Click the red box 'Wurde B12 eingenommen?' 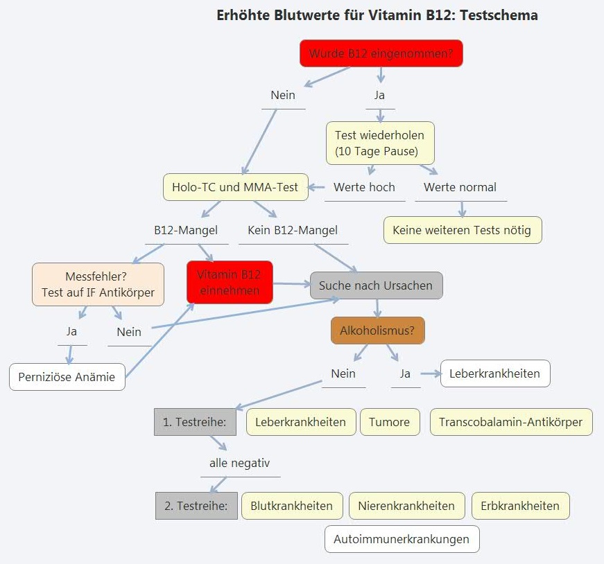[381, 53]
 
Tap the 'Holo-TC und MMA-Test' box [236, 187]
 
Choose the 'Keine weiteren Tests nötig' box [463, 230]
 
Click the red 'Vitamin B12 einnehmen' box [230, 282]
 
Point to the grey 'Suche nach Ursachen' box [375, 285]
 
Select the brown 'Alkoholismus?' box [377, 331]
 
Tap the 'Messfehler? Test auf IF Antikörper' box [98, 284]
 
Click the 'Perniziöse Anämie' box [67, 378]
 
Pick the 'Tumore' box [389, 422]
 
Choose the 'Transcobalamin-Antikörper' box [511, 422]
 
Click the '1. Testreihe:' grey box [195, 422]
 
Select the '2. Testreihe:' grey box [196, 506]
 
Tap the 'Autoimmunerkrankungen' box [402, 539]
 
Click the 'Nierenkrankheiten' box [406, 506]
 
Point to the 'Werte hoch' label [364, 187]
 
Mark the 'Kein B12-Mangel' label [293, 230]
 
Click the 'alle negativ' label [239, 462]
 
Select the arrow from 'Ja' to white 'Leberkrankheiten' [431, 373]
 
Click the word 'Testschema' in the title [498, 15]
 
